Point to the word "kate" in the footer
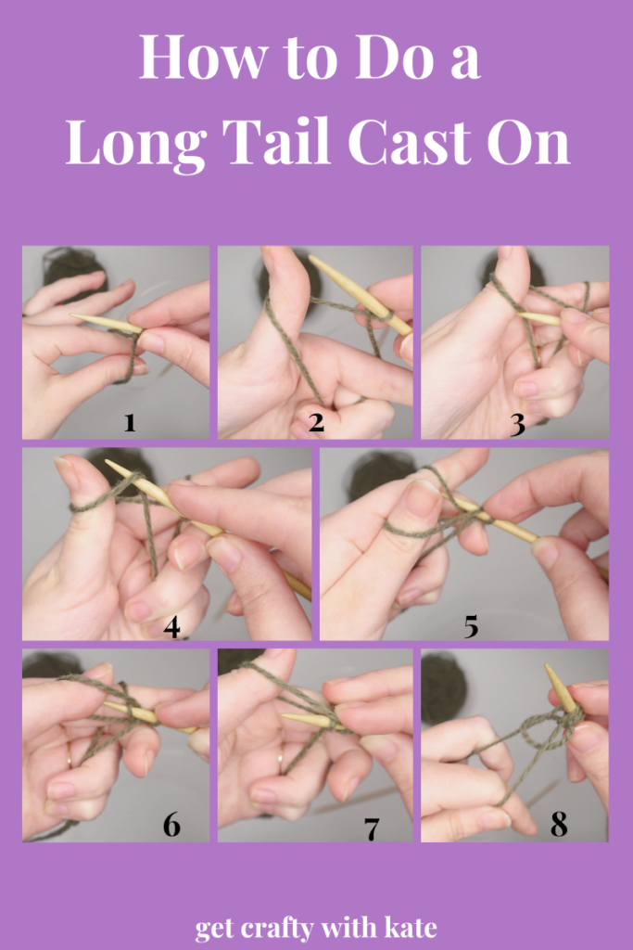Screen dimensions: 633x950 click(410, 927)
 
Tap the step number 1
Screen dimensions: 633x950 click(130, 422)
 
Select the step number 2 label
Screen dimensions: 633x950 click(316, 422)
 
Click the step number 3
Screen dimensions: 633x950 click(517, 425)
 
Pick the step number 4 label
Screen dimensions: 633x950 click(171, 626)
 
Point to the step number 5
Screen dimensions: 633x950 click(472, 626)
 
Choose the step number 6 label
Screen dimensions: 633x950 click(171, 825)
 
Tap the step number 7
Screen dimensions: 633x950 click(372, 828)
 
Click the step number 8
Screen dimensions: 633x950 click(559, 825)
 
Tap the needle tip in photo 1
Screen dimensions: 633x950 click(72, 315)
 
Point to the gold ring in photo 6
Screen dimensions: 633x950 click(69, 759)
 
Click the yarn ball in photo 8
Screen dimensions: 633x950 click(445, 687)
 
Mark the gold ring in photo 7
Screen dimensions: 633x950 click(281, 759)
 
